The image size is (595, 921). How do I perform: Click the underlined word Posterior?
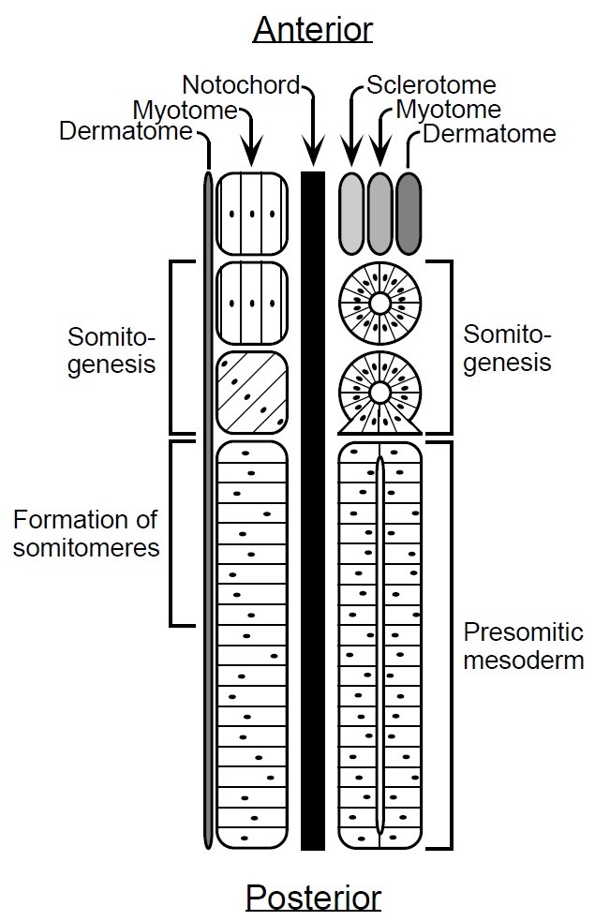click(313, 898)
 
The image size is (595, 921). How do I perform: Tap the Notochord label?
click(241, 85)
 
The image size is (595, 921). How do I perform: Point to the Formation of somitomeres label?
click(85, 533)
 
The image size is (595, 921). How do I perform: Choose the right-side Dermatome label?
click(489, 133)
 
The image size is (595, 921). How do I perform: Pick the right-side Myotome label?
click(448, 110)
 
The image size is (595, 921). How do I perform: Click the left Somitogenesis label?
click(112, 349)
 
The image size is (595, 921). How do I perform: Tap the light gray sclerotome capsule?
click(350, 212)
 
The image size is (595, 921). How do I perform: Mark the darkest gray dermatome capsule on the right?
click(409, 212)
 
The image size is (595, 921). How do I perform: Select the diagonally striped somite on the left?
click(251, 392)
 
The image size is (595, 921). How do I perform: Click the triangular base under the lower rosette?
click(379, 427)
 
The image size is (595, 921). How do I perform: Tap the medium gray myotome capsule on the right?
click(379, 212)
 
